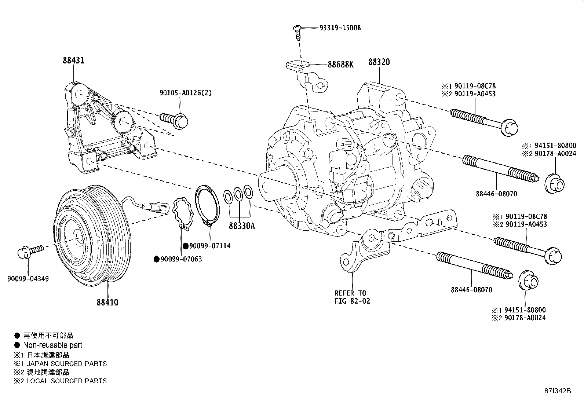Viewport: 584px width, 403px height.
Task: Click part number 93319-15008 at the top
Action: tap(340, 28)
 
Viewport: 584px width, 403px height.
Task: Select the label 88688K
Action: tap(340, 65)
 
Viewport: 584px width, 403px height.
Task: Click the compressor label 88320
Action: tap(379, 62)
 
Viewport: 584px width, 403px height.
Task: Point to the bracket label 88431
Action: tap(73, 60)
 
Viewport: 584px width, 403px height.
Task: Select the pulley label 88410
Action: tap(107, 303)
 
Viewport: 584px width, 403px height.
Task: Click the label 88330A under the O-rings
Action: tap(241, 226)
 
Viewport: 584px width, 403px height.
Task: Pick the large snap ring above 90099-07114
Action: tap(207, 205)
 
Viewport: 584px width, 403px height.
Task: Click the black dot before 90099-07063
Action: tap(156, 259)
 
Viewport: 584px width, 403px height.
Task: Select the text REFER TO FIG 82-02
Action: tap(352, 297)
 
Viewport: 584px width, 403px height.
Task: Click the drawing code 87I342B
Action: tap(558, 391)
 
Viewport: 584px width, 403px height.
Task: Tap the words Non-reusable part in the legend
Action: tap(52, 345)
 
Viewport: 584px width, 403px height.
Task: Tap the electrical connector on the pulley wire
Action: tap(154, 207)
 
